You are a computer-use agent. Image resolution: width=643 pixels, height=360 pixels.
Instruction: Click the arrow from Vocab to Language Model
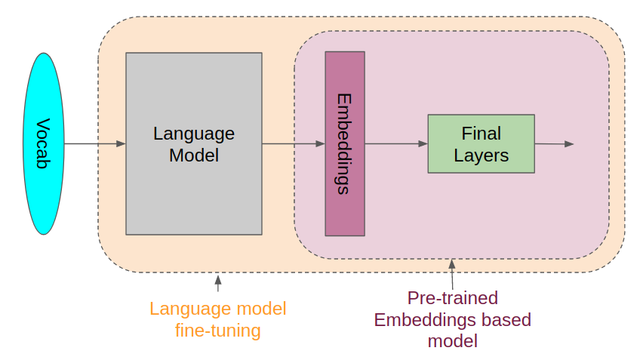click(94, 143)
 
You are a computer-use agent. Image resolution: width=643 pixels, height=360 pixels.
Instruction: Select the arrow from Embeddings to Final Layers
click(395, 143)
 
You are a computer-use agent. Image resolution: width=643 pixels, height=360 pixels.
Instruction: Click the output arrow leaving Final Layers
click(555, 143)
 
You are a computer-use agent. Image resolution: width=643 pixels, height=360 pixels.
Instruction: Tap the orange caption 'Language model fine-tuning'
click(218, 319)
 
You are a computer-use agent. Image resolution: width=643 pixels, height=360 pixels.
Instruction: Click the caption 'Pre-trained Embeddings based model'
click(453, 319)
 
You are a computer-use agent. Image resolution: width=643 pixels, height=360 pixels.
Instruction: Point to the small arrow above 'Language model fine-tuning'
click(218, 283)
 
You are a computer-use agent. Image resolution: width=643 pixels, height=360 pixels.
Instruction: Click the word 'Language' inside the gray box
click(194, 134)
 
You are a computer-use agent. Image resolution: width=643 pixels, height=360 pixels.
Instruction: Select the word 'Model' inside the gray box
click(194, 155)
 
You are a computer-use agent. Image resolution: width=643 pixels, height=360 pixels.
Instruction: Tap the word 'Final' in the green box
click(481, 134)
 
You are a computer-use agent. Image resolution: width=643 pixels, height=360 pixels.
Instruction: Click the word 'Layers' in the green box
click(481, 155)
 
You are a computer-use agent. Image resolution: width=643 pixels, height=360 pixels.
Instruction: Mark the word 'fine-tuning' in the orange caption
click(218, 331)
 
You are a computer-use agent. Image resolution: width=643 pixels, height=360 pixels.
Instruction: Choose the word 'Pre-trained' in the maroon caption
click(453, 297)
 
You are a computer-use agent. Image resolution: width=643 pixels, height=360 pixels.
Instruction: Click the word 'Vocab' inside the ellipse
click(43, 143)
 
